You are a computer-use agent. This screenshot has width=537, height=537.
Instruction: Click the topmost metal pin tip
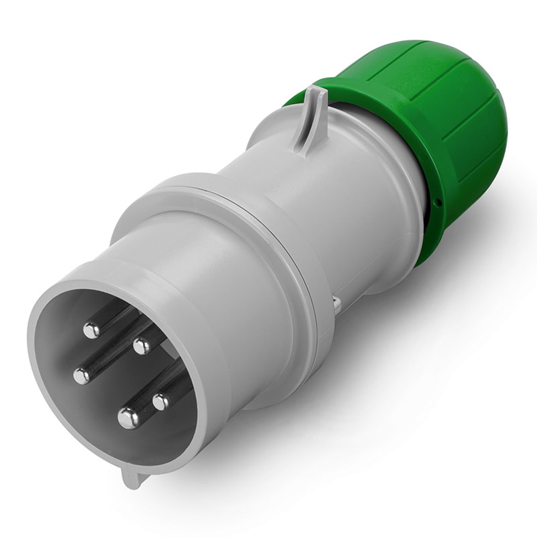pyautogui.click(x=92, y=329)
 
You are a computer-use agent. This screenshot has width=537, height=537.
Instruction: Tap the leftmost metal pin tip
pyautogui.click(x=82, y=376)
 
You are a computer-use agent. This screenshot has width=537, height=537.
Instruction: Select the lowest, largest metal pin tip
pyautogui.click(x=128, y=418)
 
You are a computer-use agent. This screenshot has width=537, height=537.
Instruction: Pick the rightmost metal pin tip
pyautogui.click(x=161, y=401)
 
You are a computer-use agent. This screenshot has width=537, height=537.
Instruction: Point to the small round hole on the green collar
pyautogui.click(x=438, y=201)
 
